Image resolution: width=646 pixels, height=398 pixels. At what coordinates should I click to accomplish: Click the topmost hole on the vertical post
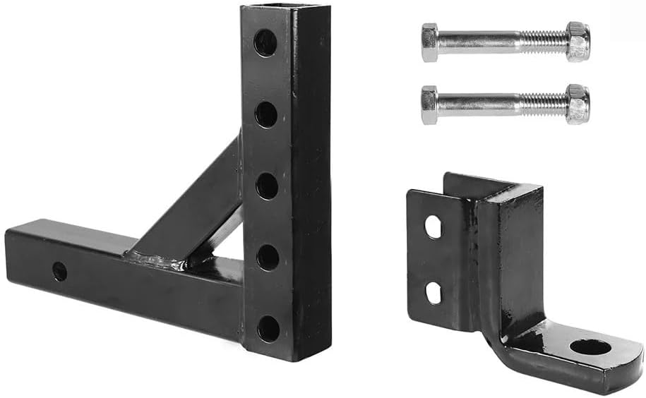pos(265,43)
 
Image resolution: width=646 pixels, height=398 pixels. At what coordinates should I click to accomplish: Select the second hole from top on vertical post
pos(266,114)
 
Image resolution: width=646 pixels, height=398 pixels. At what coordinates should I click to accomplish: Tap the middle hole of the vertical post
pos(267,186)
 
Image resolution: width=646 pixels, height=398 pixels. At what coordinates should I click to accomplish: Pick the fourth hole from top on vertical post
pos(268,258)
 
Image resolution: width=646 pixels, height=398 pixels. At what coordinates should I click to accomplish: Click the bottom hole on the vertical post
pos(268,328)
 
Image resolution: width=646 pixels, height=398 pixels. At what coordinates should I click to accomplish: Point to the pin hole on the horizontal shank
pos(60,271)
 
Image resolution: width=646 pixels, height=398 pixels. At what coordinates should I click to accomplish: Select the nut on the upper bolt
pos(578,42)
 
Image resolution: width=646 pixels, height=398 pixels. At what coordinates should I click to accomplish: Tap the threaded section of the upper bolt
pos(544,42)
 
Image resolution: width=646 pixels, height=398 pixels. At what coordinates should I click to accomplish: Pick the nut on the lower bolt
pos(578,104)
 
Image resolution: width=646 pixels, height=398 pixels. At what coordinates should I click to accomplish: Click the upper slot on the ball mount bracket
pos(433,227)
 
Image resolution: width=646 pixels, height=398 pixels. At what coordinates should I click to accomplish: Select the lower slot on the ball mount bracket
pos(433,291)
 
